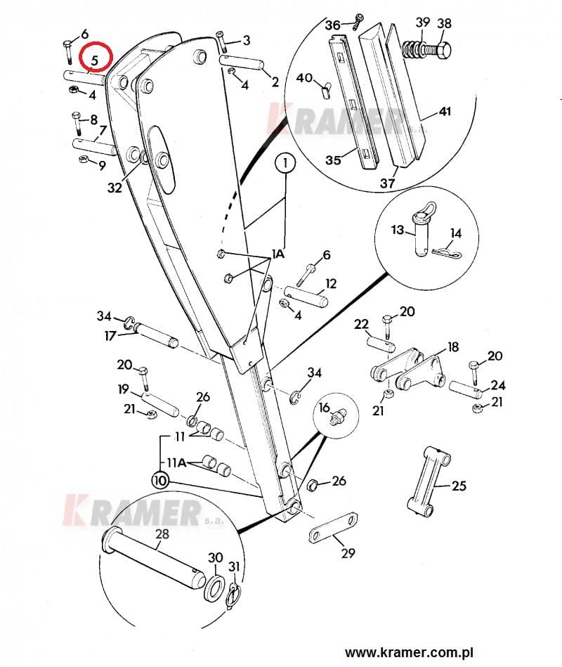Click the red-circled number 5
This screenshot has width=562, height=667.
94,56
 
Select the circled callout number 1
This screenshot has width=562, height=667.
285,164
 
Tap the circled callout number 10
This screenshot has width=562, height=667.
159,481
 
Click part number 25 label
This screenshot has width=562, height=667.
458,486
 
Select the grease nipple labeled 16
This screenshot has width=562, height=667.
337,417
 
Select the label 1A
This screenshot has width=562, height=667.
279,255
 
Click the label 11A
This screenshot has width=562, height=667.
176,463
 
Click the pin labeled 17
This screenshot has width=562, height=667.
157,333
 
